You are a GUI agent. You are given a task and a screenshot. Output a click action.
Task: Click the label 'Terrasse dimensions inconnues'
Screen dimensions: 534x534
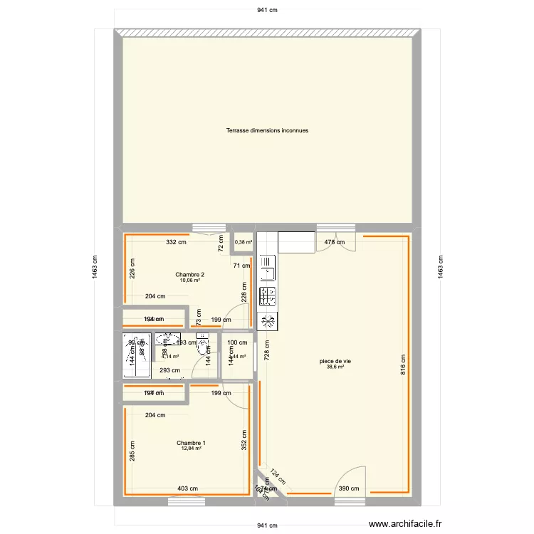point(267,130)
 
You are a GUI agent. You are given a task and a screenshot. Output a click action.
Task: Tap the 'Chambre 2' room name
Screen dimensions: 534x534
point(190,275)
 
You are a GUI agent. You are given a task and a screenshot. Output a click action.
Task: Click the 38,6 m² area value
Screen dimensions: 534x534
point(335,367)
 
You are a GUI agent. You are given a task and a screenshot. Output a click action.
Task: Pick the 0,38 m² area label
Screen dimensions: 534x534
point(244,242)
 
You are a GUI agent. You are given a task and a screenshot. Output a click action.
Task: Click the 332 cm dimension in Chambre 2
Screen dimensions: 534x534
point(177,242)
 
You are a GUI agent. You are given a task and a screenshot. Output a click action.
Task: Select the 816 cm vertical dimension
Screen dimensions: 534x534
point(402,365)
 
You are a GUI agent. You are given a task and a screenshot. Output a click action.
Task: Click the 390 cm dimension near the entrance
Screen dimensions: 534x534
point(348,488)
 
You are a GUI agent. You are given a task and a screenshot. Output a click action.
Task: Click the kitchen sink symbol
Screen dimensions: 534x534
point(268,271)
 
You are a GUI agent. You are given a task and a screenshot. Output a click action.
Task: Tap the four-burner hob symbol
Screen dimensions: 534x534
point(268,296)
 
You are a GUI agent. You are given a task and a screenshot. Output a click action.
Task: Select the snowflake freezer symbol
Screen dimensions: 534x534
point(268,321)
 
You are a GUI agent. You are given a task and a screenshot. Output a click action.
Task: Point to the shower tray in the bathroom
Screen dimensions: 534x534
point(136,357)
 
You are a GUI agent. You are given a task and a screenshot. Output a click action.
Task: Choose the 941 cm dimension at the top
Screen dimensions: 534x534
point(267,10)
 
